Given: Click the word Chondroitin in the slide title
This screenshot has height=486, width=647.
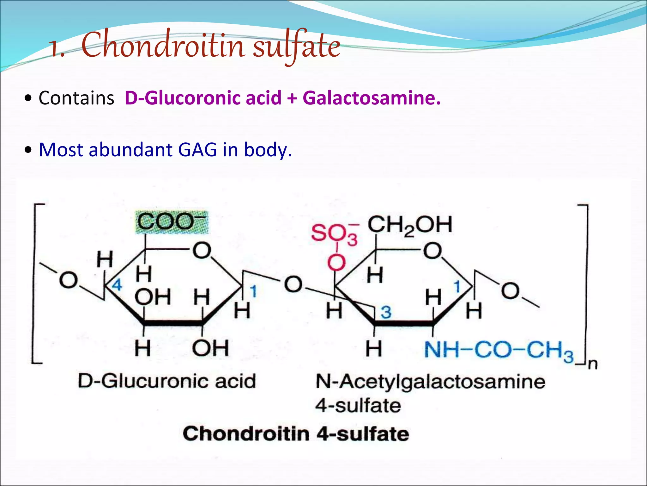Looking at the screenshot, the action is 163,46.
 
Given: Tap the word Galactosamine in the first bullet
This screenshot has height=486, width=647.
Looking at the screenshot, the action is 371,98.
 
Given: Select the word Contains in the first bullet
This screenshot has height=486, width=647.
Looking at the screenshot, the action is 76,98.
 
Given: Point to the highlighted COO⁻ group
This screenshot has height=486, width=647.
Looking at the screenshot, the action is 172,222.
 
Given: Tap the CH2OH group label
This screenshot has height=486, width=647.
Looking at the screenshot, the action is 410,225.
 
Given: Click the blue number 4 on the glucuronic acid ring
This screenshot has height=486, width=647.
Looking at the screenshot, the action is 117,285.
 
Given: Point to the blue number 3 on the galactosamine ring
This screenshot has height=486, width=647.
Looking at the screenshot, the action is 386,313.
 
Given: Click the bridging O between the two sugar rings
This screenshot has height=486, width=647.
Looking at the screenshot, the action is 293,284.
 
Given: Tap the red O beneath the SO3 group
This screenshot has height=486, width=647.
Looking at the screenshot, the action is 336,263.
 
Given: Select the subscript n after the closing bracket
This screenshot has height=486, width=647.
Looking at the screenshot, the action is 593,364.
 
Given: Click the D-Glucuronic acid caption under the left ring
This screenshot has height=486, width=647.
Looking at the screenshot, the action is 167,381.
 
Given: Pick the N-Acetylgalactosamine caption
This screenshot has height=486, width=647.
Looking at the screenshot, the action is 430,382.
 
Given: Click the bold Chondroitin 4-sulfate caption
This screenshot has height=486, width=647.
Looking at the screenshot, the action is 296,433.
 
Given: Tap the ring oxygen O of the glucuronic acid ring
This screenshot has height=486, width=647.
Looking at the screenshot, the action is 202,250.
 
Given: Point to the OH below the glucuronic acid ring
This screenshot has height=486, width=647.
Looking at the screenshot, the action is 210,348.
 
